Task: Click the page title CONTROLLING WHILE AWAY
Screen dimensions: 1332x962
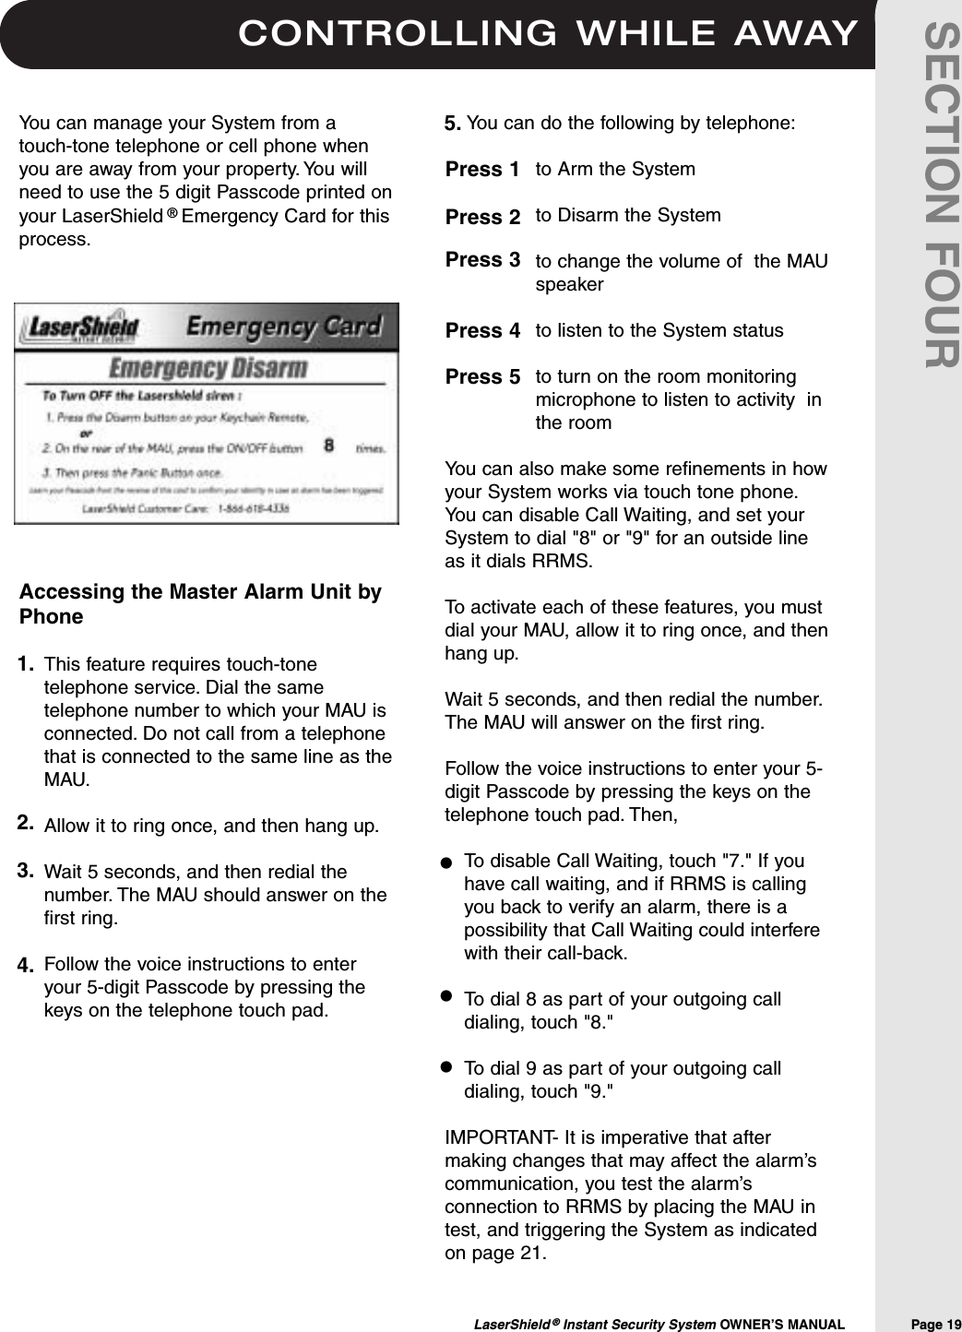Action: pyautogui.click(x=548, y=33)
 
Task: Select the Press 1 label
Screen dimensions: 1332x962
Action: pyautogui.click(x=481, y=170)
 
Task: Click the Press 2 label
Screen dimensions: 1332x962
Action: pyautogui.click(x=481, y=218)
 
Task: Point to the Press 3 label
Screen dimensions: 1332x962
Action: pyautogui.click(x=481, y=260)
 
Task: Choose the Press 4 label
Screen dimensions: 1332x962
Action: pyautogui.click(x=481, y=330)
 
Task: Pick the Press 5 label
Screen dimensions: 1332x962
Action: pyautogui.click(x=481, y=377)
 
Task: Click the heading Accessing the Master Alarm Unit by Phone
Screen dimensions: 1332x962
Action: pyautogui.click(x=200, y=604)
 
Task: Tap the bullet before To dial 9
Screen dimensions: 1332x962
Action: pyautogui.click(x=445, y=1066)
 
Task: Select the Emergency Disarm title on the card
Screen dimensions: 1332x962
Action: pyautogui.click(x=208, y=368)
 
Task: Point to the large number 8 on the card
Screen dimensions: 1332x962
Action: pyautogui.click(x=328, y=446)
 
